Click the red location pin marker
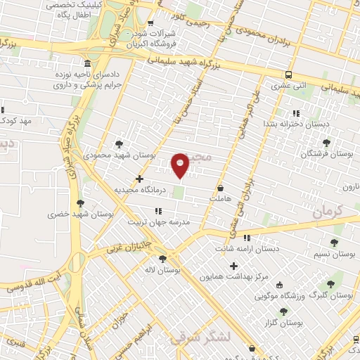pos(181,165)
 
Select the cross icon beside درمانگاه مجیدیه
pos(139,179)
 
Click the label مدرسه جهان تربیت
pos(159,221)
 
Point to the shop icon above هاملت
pos(221,188)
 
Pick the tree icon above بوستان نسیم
pos(333,242)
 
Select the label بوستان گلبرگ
pos(335,296)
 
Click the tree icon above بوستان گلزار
pos(283,311)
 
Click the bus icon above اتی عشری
pos(289,75)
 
